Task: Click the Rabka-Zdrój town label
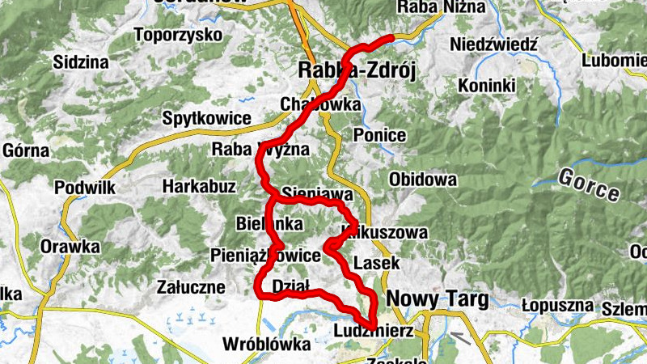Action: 357,71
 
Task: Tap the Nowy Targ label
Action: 437,299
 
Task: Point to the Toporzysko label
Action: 178,35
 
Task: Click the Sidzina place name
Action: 80,61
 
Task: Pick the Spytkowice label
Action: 206,118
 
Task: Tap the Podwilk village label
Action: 86,187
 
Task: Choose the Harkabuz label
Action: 199,187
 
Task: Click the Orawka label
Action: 71,245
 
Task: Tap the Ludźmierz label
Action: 373,332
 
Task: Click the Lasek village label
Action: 377,263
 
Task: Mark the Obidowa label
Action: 422,179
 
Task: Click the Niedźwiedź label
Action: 495,44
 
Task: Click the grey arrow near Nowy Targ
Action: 460,336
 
